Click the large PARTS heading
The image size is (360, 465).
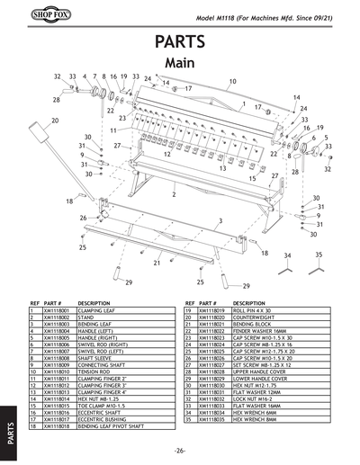pyautogui.click(x=180, y=41)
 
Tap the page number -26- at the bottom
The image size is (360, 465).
pyautogui.click(x=180, y=450)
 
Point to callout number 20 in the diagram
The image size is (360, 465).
pyautogui.click(x=55, y=121)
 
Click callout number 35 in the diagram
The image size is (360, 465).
pyautogui.click(x=318, y=255)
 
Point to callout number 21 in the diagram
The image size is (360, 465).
pyautogui.click(x=157, y=264)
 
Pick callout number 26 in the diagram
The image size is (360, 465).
pyautogui.click(x=83, y=218)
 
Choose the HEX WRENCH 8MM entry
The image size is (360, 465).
pyautogui.click(x=255, y=418)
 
